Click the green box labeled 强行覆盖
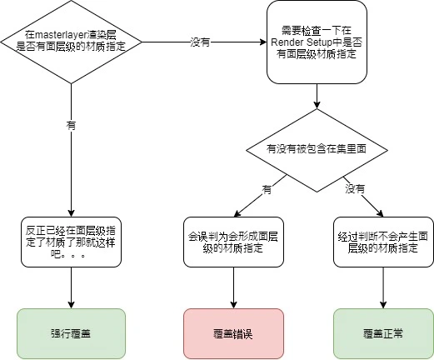71,333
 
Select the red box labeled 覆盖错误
233,333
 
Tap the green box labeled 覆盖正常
383,333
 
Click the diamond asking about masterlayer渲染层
71,42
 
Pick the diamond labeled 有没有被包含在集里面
317,150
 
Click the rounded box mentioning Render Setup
317,42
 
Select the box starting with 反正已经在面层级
71,242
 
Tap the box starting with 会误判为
233,242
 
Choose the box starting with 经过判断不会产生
383,242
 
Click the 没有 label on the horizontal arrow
200,42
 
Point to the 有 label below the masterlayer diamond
71,126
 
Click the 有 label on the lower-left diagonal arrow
267,189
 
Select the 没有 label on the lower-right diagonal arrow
355,189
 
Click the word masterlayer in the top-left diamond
61,35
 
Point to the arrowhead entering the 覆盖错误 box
233,305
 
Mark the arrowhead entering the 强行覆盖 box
71,305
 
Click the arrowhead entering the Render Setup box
263,42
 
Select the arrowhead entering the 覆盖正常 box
383,305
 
